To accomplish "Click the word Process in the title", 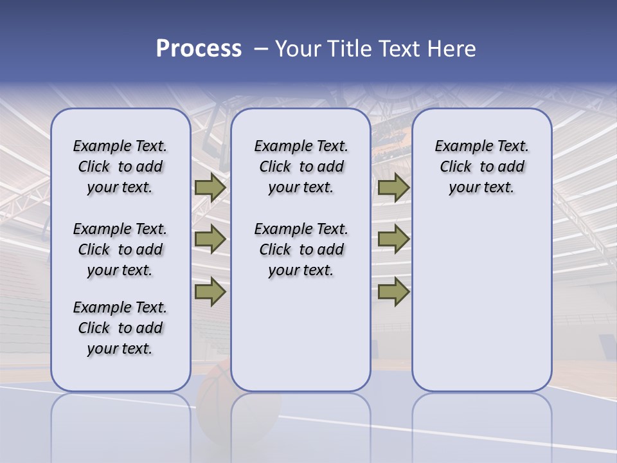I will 199,49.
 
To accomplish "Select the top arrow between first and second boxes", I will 210,187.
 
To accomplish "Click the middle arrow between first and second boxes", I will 210,239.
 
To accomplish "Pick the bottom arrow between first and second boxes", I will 210,291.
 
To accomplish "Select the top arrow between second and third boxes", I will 393,187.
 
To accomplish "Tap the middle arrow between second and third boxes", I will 393,239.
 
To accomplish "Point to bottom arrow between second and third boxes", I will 393,291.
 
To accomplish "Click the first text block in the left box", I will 120,167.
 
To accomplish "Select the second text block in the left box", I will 120,250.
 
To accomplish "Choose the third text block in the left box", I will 120,328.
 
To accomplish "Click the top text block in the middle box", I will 301,167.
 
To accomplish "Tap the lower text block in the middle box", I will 301,250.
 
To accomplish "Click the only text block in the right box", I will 481,167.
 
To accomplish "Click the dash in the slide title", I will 261,49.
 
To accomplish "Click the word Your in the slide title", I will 298,49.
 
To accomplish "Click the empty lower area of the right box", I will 481,302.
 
